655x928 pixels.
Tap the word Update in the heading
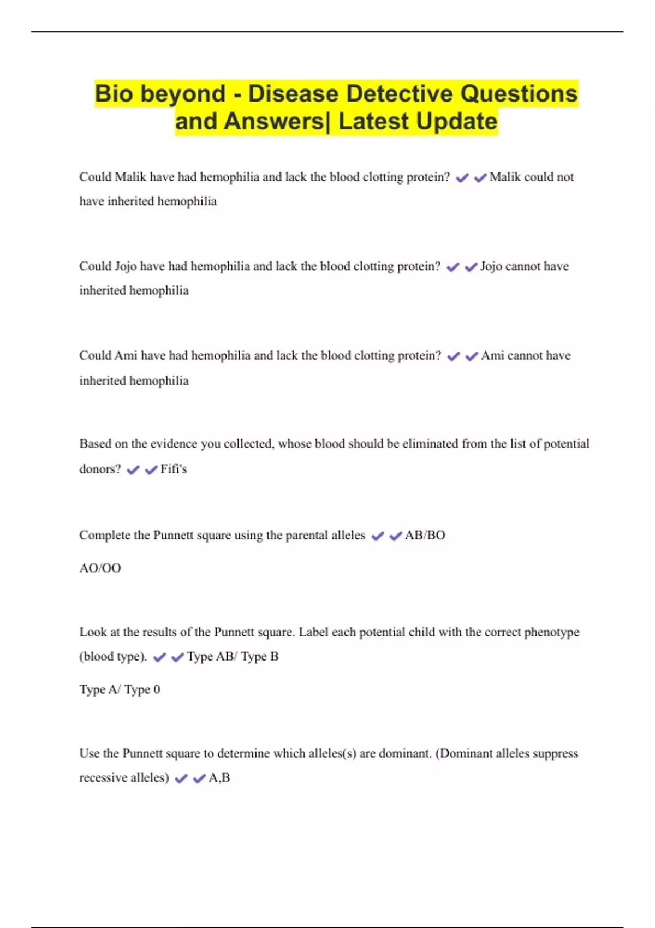click(457, 121)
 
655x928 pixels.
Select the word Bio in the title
click(114, 93)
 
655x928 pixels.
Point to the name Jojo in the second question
click(126, 266)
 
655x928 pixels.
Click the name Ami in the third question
click(126, 355)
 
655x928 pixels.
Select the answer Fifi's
click(174, 469)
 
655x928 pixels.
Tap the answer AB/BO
click(425, 535)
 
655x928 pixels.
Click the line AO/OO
click(100, 568)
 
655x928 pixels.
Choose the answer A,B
click(219, 777)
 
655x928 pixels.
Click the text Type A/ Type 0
click(120, 689)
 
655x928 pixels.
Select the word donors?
click(100, 469)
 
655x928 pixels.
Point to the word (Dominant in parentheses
click(464, 753)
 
